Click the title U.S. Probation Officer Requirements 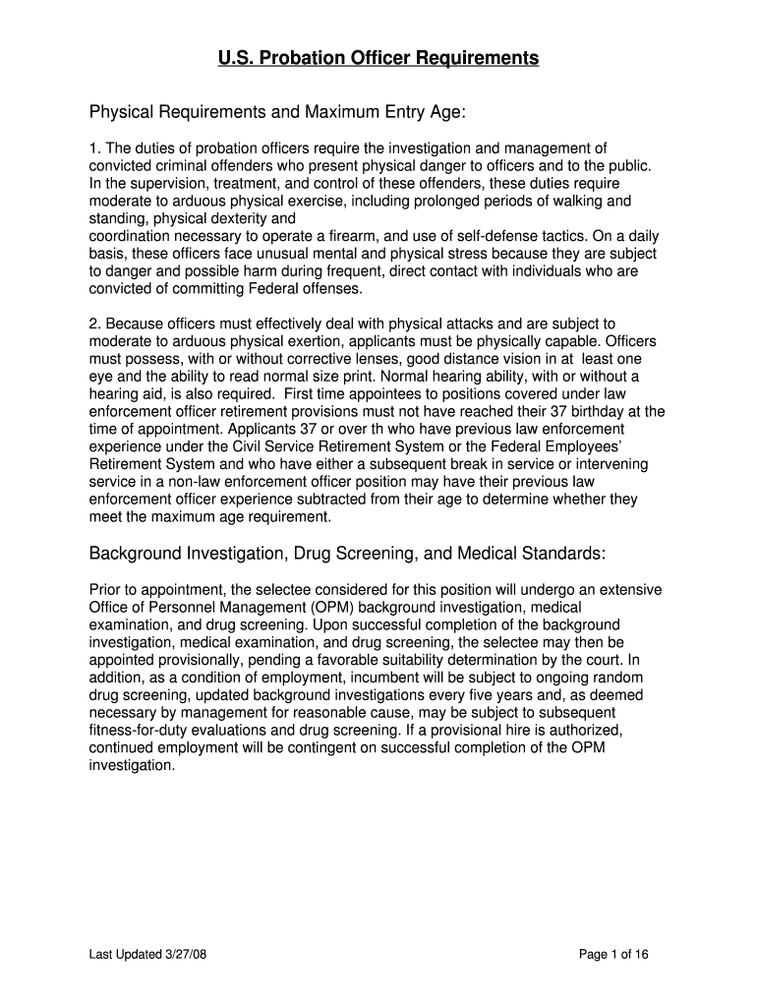378,59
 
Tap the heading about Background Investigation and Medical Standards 347,554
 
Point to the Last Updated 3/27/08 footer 146,954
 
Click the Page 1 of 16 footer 614,954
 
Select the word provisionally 198,661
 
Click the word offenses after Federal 330,289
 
